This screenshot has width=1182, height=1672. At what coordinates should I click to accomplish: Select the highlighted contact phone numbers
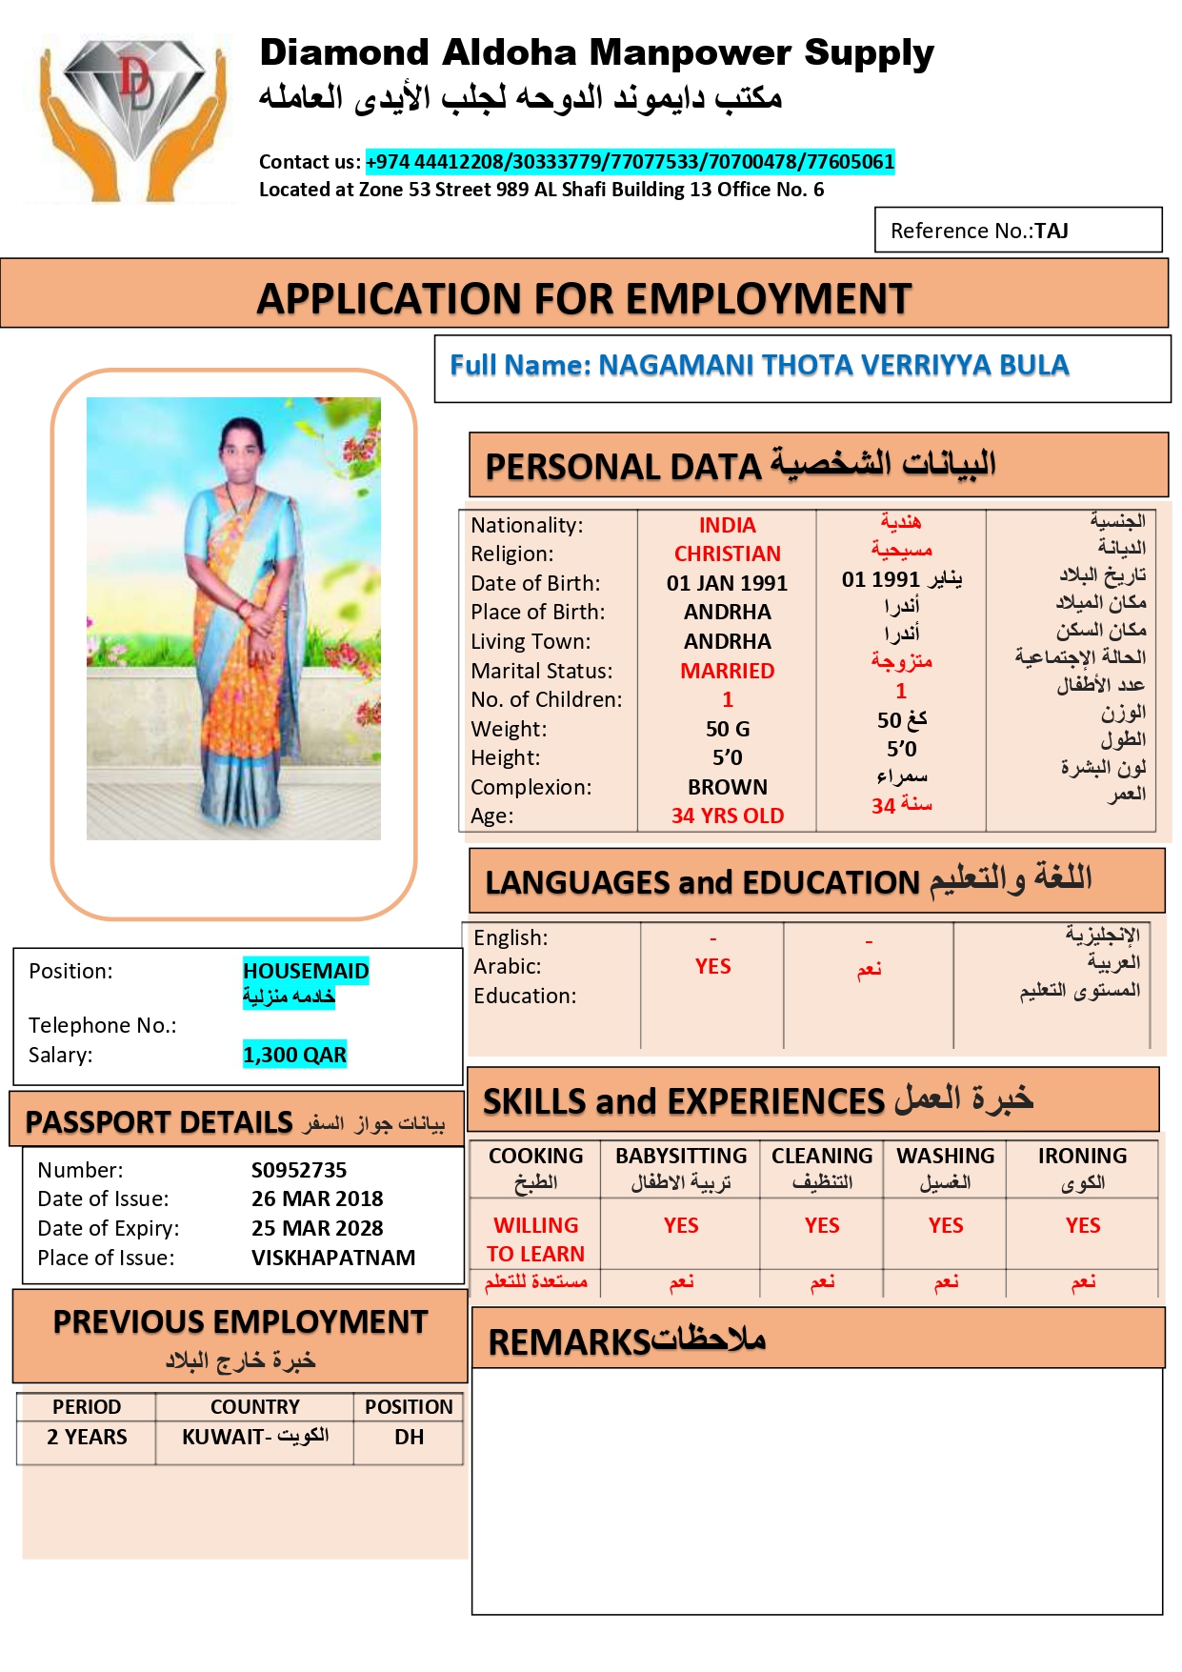point(630,162)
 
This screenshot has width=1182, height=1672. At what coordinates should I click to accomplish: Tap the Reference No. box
point(1017,231)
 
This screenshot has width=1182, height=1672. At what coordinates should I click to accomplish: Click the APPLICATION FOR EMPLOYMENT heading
point(584,299)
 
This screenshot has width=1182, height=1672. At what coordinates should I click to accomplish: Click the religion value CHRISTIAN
point(727,554)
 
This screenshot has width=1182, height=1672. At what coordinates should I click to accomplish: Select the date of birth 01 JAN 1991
point(727,584)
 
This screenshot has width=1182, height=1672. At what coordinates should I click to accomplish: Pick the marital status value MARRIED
point(727,672)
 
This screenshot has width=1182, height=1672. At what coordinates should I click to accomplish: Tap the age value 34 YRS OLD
point(727,816)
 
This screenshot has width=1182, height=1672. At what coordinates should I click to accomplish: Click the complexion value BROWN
point(727,788)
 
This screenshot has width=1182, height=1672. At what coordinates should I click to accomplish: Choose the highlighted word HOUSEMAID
point(306,971)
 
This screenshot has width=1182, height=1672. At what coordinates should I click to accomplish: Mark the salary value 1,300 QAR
point(294,1056)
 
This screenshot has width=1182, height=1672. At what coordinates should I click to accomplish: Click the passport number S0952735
point(299,1171)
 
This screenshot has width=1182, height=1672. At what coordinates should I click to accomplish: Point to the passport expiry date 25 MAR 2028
point(317,1229)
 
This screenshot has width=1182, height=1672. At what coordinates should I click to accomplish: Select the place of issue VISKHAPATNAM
point(333,1259)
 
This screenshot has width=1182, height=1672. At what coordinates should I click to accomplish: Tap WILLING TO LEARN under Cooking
point(535,1239)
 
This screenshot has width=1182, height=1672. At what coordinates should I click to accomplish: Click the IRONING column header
point(1082,1157)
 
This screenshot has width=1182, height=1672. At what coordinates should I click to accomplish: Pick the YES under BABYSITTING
point(681,1226)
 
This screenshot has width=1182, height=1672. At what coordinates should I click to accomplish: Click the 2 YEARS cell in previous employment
point(87,1438)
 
